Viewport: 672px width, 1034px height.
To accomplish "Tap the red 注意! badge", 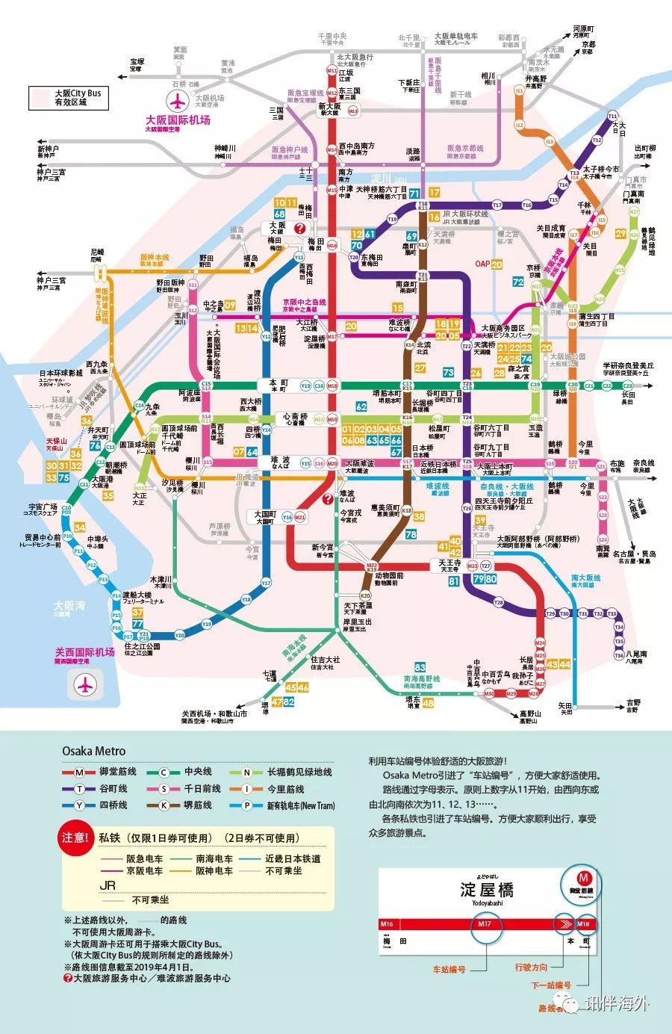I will pyautogui.click(x=75, y=838).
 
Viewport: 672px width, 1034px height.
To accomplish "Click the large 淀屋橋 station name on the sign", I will pyautogui.click(x=487, y=889).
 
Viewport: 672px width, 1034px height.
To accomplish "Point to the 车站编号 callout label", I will pyautogui.click(x=449, y=970).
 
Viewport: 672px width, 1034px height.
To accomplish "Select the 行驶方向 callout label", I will pyautogui.click(x=530, y=968).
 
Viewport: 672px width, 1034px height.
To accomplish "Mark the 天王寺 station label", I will pyautogui.click(x=449, y=563).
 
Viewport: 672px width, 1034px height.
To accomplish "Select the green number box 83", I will pyautogui.click(x=420, y=668).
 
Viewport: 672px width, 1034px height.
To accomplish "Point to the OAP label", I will pyautogui.click(x=482, y=264).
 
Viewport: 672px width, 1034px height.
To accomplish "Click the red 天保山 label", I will pyautogui.click(x=56, y=442).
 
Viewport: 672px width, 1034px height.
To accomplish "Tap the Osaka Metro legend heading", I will pyautogui.click(x=93, y=751).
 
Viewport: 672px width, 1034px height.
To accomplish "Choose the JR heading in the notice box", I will pyautogui.click(x=108, y=885).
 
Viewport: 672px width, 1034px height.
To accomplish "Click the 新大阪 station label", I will pyautogui.click(x=329, y=107).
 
